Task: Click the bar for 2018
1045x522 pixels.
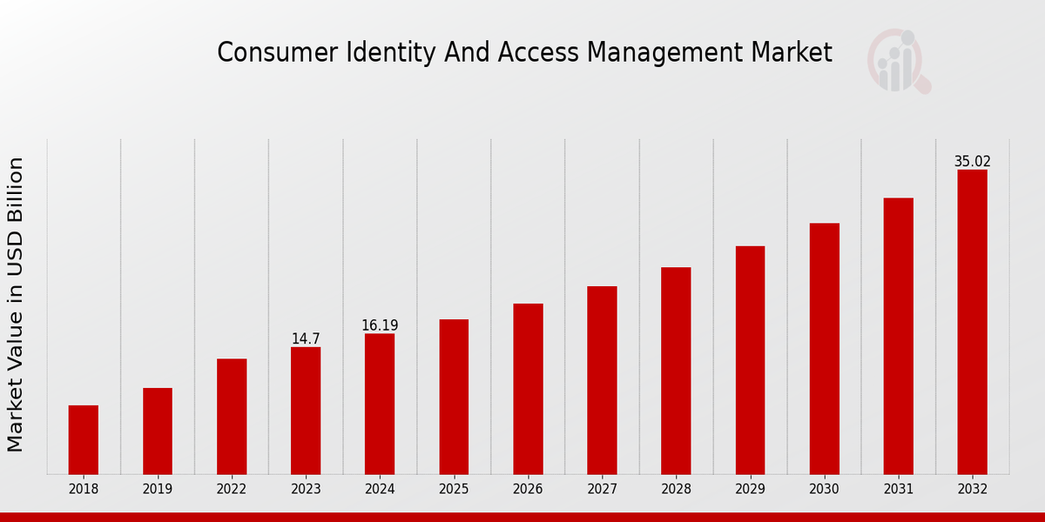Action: [x=84, y=439]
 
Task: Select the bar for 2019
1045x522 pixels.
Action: [x=158, y=431]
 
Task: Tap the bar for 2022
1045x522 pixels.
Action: [x=232, y=416]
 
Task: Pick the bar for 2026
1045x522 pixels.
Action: [x=528, y=389]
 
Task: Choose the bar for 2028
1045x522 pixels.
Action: [x=676, y=371]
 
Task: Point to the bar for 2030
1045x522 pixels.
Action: [x=824, y=348]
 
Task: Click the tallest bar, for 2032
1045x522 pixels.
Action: [x=972, y=322]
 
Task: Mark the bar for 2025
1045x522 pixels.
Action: [x=454, y=397]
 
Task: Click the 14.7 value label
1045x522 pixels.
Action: [x=306, y=339]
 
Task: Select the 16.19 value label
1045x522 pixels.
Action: [x=380, y=325]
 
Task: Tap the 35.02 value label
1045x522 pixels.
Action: [x=972, y=162]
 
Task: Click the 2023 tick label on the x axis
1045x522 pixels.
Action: [x=306, y=490]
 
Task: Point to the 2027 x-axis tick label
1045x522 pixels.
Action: [x=602, y=490]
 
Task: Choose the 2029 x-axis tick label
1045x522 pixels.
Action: [x=750, y=490]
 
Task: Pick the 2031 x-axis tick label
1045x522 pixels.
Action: [x=898, y=490]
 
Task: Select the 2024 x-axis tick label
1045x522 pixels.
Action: [x=380, y=490]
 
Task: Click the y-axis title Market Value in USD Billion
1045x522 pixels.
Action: [x=16, y=304]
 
